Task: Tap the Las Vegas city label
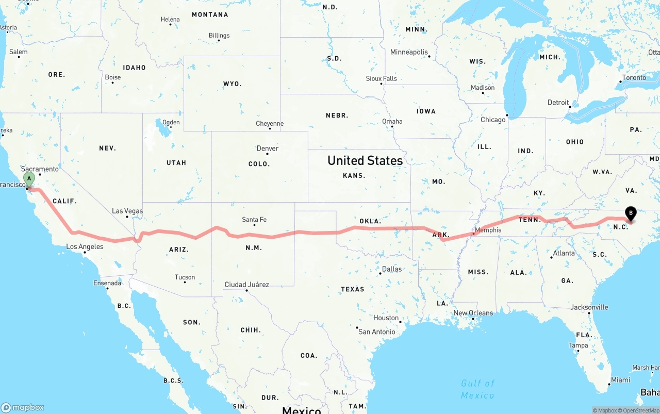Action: tap(127, 211)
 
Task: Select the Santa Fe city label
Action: tap(254, 220)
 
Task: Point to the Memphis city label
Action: tap(488, 230)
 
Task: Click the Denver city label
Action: tap(267, 148)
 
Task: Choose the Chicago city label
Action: tap(493, 120)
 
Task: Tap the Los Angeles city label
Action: tap(85, 247)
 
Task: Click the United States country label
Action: tap(365, 161)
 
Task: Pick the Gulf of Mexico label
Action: tap(477, 389)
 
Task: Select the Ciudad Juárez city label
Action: tap(246, 285)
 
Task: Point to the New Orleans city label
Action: tap(473, 313)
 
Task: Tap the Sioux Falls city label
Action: tap(381, 78)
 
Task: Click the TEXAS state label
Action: tap(353, 289)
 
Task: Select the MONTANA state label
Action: tap(210, 14)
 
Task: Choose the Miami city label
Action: tap(620, 380)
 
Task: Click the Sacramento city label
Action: tap(40, 169)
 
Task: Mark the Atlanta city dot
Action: tap(551, 257)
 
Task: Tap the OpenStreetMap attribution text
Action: tap(640, 410)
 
